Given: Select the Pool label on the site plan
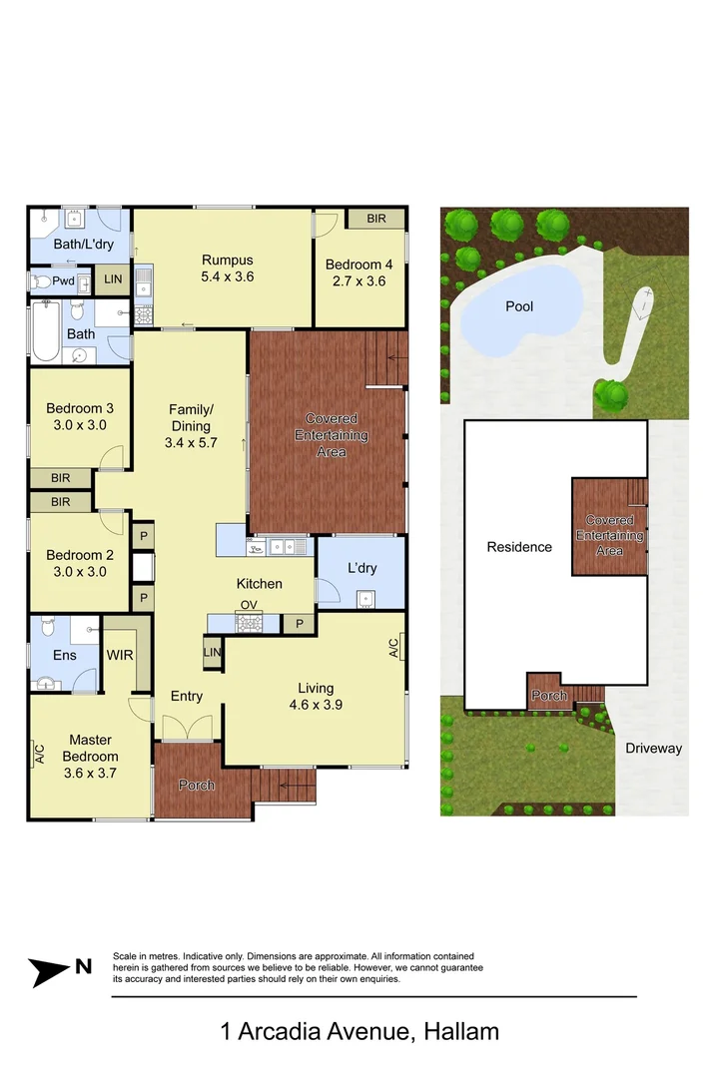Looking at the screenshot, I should coord(519,306).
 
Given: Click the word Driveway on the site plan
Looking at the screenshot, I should coord(653,748).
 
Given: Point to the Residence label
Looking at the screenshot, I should coord(519,547).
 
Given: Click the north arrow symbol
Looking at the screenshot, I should coord(60,968).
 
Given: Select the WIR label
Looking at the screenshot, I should coord(121,656).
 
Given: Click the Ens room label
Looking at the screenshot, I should coord(64,656).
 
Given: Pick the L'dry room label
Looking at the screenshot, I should coord(361,568).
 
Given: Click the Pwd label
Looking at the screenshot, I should coord(63,281).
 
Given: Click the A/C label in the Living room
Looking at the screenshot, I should coord(393,648).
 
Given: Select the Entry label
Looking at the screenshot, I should coord(187,696).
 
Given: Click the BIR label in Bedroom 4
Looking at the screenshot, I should coord(376,219).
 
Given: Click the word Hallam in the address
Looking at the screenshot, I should coord(461,1031).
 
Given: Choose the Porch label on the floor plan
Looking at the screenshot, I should coord(197,785).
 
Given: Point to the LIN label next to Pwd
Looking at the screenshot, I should coord(113,279).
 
